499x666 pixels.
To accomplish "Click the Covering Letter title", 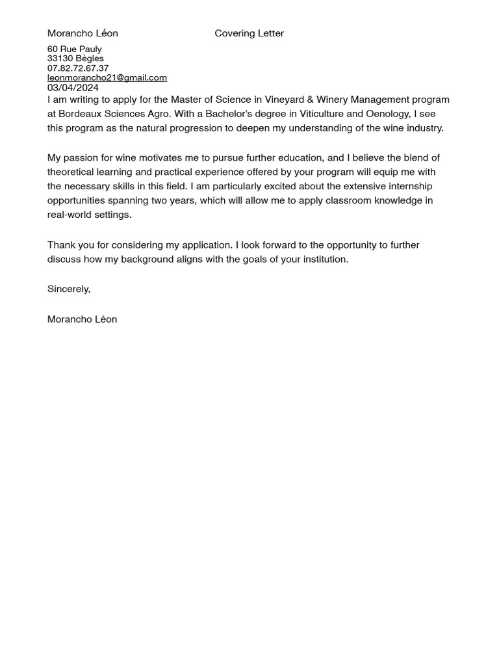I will [249, 33].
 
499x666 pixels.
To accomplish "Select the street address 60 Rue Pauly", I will [75, 49].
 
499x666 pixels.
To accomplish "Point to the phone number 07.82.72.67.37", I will [78, 68].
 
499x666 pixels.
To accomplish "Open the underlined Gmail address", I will [107, 77].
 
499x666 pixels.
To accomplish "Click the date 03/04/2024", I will [73, 88].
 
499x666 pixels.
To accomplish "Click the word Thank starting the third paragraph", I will [61, 245].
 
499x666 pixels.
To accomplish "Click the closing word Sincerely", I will [68, 289].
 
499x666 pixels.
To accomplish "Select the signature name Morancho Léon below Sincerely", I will [83, 319].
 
